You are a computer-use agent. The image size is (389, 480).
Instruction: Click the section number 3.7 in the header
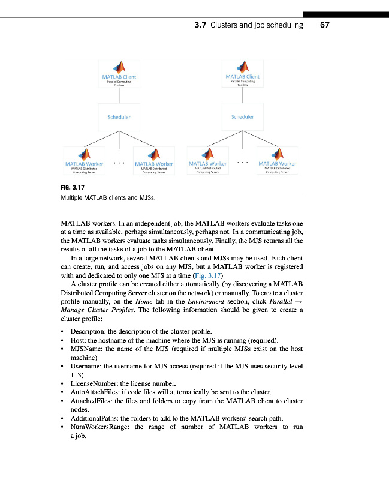(201, 25)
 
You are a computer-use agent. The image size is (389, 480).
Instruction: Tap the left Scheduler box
(119, 117)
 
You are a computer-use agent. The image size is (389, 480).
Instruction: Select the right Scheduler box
(242, 117)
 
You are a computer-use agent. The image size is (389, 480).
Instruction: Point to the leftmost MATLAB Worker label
(84, 163)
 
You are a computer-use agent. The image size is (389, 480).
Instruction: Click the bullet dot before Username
(63, 366)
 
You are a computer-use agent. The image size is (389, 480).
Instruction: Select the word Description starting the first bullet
(89, 331)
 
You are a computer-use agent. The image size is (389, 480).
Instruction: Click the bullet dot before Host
(63, 340)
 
